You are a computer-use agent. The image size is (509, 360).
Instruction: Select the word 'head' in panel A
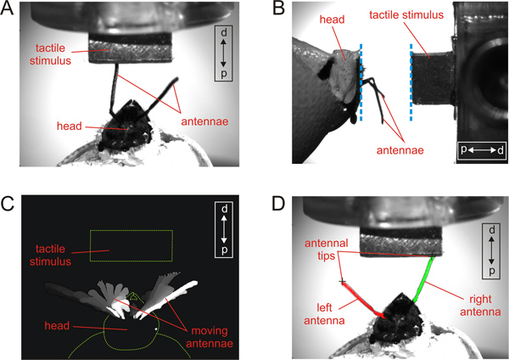pos(70,126)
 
